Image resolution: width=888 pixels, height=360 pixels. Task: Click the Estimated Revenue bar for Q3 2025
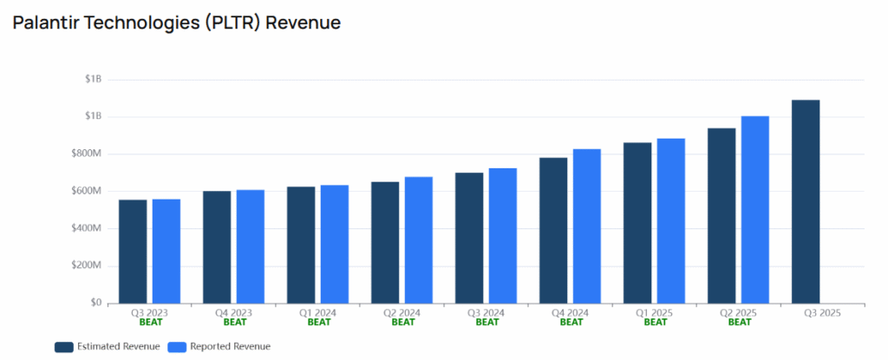pos(806,201)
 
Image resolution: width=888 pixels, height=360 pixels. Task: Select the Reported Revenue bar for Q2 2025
pos(755,209)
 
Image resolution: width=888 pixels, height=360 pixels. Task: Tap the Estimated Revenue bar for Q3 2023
pos(133,252)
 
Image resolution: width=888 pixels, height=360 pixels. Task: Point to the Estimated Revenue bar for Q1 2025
pos(637,223)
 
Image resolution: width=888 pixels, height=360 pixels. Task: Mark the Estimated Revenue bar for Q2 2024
pos(385,242)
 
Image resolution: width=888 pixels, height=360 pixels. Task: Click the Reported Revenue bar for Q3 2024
pos(503,235)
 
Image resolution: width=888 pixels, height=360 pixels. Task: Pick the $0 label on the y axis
pos(95,303)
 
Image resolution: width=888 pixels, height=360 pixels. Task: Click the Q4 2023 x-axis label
pos(234,312)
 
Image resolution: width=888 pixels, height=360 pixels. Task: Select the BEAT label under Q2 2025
pos(740,322)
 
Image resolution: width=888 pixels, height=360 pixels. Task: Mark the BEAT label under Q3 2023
pos(151,322)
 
